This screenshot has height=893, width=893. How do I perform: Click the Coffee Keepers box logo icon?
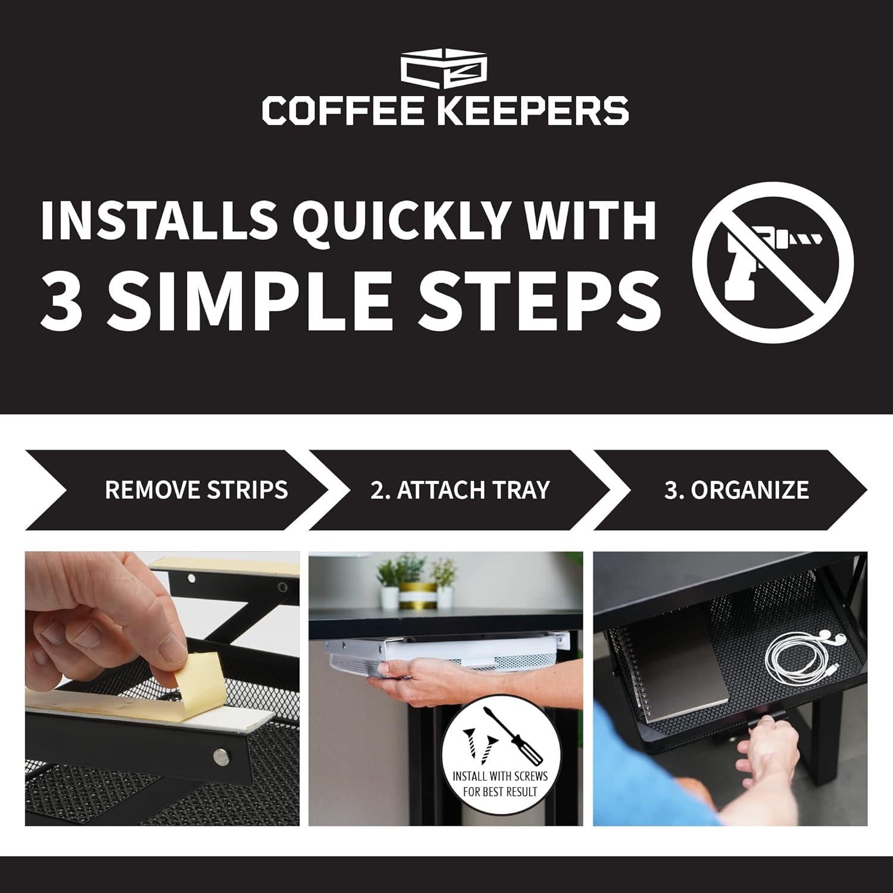tap(445, 70)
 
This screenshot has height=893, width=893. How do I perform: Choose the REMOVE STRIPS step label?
tap(196, 490)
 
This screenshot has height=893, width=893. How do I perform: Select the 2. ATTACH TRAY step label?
tap(459, 490)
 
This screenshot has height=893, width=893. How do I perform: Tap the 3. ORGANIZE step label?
tap(736, 490)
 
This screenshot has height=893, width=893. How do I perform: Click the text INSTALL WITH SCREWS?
tap(500, 776)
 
